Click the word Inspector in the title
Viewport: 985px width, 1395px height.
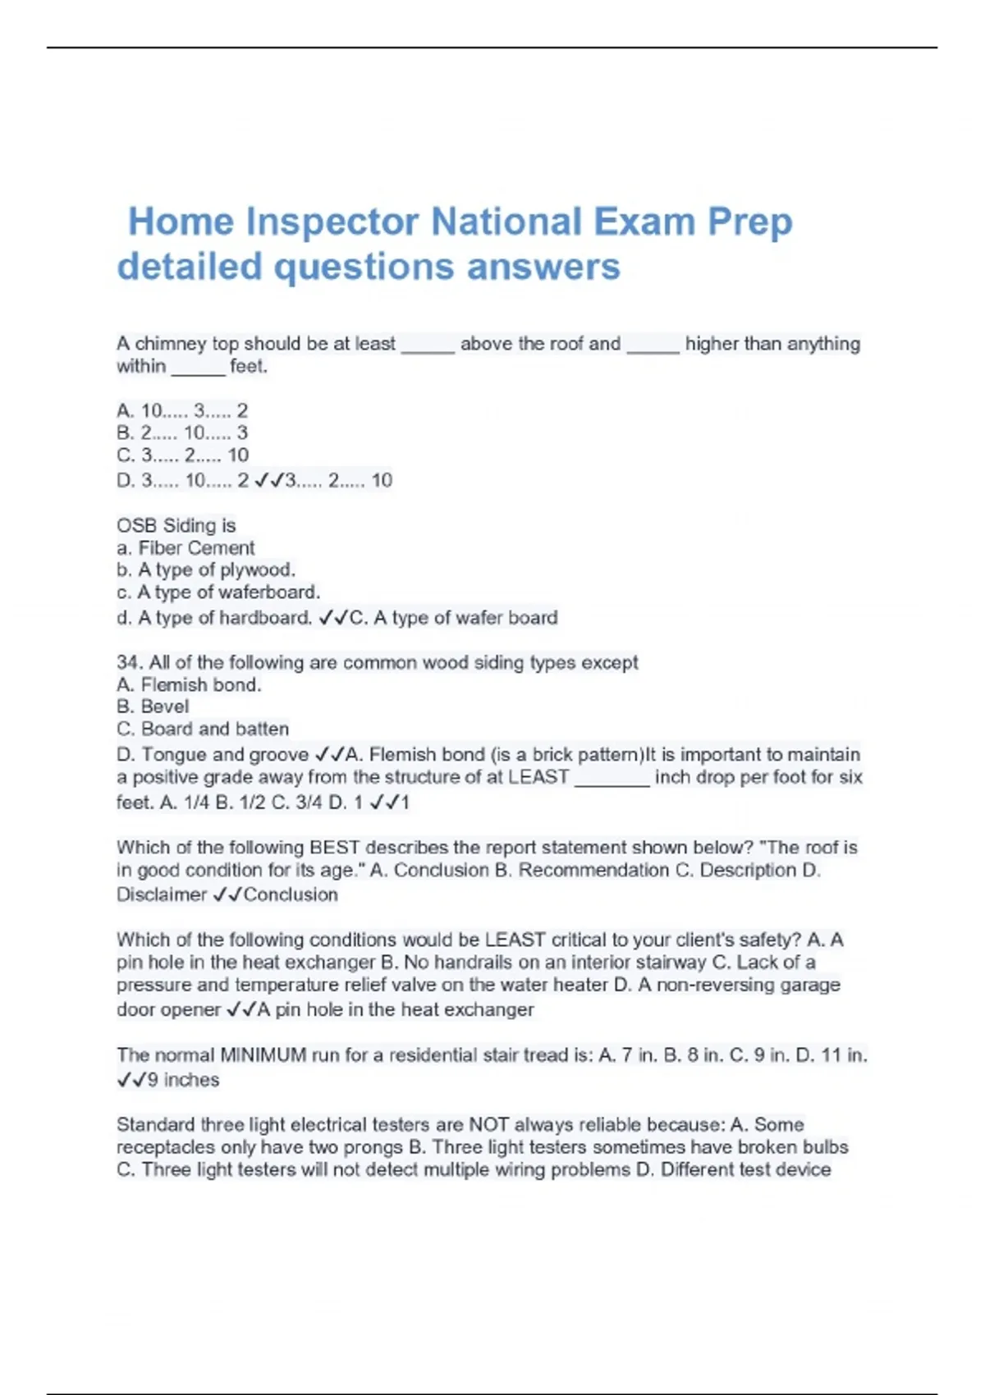click(x=332, y=222)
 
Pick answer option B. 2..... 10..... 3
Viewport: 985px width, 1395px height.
click(x=182, y=432)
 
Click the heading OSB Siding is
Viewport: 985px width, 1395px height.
click(x=176, y=525)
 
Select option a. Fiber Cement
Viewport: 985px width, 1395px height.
click(x=186, y=547)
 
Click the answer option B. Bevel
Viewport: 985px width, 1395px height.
click(x=153, y=707)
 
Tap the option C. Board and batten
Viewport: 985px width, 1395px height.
click(x=203, y=729)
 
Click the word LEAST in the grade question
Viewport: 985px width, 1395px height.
click(x=538, y=777)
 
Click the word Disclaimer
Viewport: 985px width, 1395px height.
click(x=161, y=894)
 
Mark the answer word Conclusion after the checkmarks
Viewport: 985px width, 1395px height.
click(x=291, y=894)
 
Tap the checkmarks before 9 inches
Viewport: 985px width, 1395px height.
click(x=131, y=1080)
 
